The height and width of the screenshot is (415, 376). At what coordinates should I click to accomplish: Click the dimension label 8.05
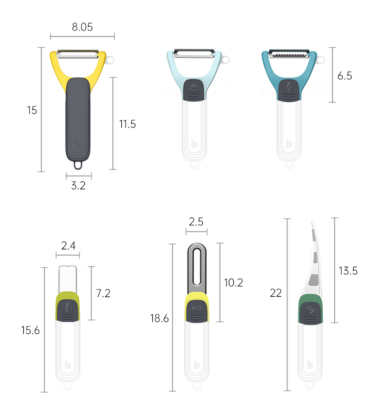[82, 27]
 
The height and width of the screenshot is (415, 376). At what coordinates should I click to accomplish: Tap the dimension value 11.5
[127, 124]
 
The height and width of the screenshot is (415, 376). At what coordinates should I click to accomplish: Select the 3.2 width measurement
[78, 186]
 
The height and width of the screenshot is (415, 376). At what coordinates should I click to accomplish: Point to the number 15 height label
[32, 110]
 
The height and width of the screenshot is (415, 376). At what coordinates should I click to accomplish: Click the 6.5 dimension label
[345, 76]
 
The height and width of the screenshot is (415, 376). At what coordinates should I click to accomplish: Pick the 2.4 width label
[69, 246]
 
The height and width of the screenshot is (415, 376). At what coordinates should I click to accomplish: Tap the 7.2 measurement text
[103, 293]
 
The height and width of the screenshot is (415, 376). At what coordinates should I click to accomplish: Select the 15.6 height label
[30, 330]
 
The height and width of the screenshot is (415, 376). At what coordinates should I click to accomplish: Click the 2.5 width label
[196, 222]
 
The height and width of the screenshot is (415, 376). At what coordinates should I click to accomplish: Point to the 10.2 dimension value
[233, 282]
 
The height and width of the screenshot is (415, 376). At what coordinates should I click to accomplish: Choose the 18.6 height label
[159, 318]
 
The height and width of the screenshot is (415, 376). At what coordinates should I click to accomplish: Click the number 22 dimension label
[276, 293]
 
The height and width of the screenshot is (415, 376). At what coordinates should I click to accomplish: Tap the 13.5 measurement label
[348, 271]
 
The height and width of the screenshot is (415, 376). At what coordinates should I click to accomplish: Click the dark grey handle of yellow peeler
[78, 119]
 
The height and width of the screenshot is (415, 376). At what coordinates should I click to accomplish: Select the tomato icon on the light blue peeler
[194, 87]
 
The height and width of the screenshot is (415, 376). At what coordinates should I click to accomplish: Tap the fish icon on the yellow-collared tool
[196, 308]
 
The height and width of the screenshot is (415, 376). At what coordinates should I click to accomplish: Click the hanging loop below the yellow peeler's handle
[79, 165]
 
